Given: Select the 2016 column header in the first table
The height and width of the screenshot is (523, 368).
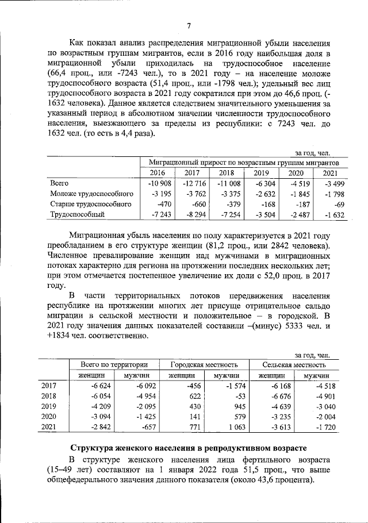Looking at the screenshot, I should (x=157, y=173).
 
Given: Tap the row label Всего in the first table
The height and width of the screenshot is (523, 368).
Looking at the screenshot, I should (x=60, y=183).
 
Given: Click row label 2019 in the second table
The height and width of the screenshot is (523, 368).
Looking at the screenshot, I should (x=49, y=406).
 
